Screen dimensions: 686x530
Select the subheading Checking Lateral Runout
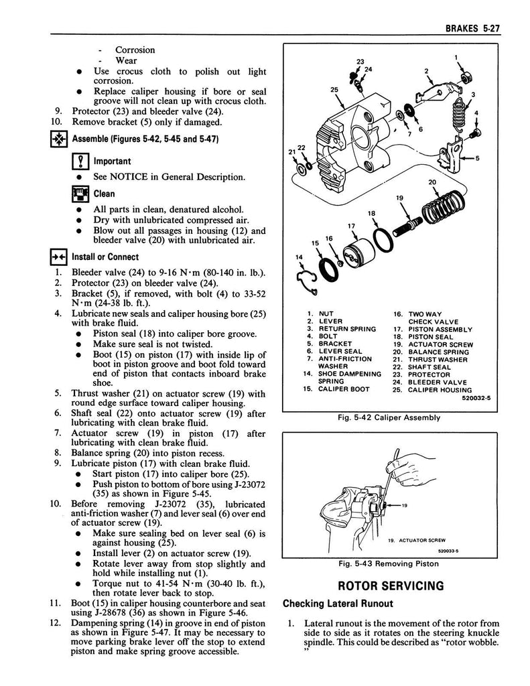[x=338, y=604]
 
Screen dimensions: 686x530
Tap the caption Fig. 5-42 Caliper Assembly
[x=389, y=417]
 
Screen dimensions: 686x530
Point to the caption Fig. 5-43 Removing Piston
[x=389, y=563]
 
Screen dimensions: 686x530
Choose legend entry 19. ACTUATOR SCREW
[x=432, y=344]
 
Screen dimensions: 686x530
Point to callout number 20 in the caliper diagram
[x=432, y=182]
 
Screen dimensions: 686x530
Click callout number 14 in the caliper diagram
[x=299, y=257]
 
